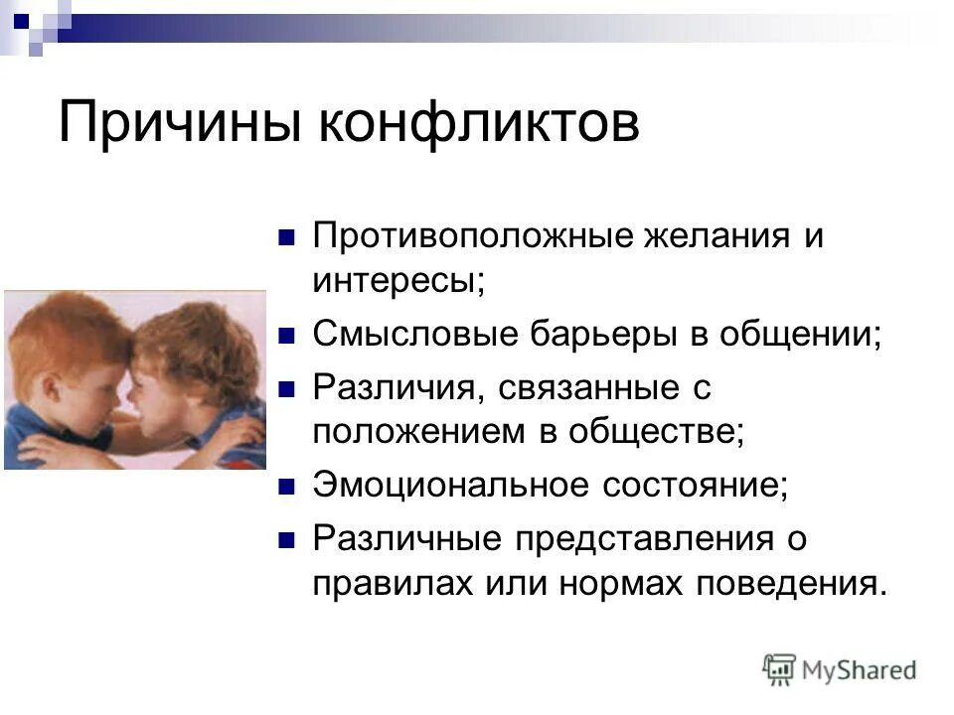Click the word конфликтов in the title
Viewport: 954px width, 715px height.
(x=479, y=125)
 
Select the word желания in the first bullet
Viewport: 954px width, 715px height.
(x=696, y=237)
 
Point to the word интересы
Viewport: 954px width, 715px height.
(x=398, y=281)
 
